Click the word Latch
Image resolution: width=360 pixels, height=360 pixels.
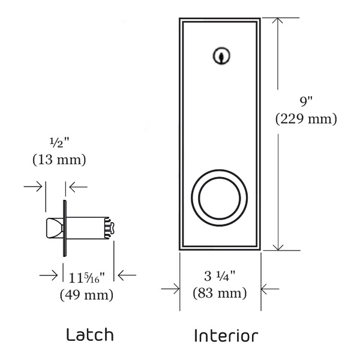click(x=91, y=334)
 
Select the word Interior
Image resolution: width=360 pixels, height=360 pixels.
click(x=226, y=335)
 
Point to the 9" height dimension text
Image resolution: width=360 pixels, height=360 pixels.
click(x=306, y=102)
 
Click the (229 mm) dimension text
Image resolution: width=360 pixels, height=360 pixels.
click(x=306, y=119)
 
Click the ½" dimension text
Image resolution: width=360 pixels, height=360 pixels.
click(x=59, y=143)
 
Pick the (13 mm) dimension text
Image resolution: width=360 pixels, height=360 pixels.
click(x=59, y=160)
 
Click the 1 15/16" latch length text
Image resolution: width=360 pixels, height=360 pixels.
click(x=86, y=278)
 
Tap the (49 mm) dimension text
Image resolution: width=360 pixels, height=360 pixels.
click(x=86, y=295)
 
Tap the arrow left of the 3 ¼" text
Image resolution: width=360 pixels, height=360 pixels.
click(x=170, y=289)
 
